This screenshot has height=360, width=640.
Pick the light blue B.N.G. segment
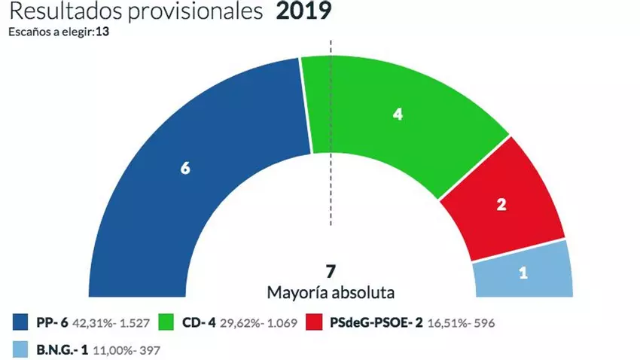pyautogui.click(x=523, y=275)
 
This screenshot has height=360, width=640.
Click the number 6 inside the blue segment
pyautogui.click(x=184, y=169)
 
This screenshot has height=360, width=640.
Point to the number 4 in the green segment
pyautogui.click(x=398, y=114)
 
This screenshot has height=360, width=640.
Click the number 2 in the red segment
pyautogui.click(x=502, y=203)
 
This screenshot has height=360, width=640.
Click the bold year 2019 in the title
pyautogui.click(x=303, y=13)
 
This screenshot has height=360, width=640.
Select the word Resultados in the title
pyautogui.click(x=63, y=13)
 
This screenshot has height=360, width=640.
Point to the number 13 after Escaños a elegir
pyautogui.click(x=105, y=32)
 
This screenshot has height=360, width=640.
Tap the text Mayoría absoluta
pyautogui.click(x=331, y=291)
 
